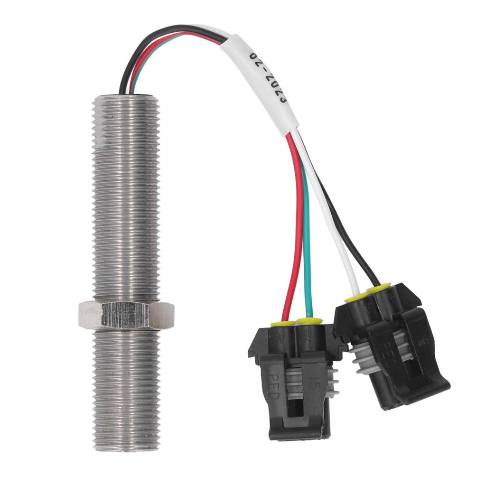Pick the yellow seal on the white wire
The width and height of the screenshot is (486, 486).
pos(355,297)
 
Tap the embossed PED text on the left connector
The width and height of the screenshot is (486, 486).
pos(275,384)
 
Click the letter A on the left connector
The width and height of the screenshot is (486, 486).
pos(284,338)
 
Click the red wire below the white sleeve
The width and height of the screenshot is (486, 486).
pos(297,214)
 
